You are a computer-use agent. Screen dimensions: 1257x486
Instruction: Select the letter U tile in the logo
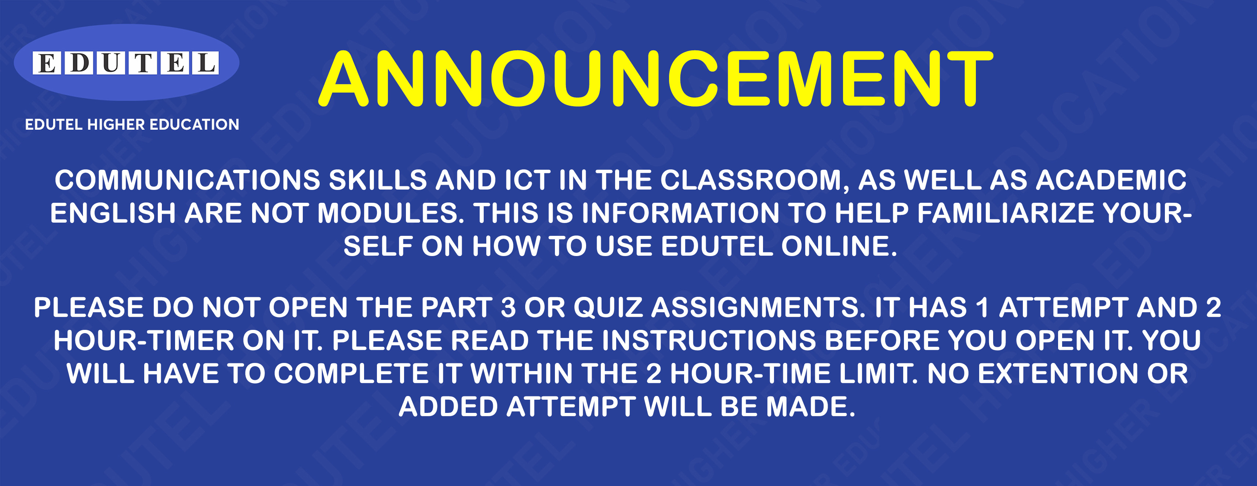[x=111, y=63]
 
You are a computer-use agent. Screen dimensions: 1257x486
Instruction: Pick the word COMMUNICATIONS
[x=188, y=180]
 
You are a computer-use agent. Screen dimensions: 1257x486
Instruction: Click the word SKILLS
[x=378, y=180]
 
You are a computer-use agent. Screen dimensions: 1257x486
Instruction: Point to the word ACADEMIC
[x=1111, y=180]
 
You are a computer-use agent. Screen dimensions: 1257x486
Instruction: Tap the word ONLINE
[x=839, y=246]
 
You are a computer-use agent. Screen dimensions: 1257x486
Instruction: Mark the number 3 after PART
[x=508, y=308]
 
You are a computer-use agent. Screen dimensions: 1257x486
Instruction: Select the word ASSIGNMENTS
[x=758, y=308]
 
